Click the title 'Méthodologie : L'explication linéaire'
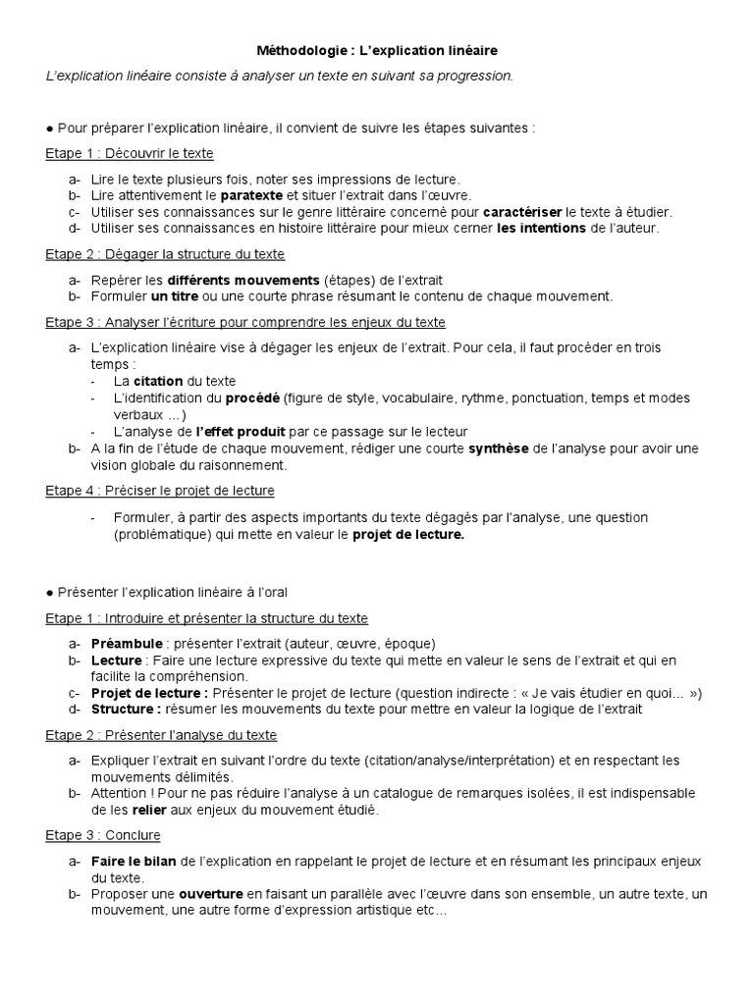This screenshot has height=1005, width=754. click(376, 49)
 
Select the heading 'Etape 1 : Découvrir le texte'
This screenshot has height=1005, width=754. click(130, 154)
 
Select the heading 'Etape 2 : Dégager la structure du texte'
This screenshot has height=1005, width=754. click(165, 254)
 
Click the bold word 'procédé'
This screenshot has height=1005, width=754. click(252, 397)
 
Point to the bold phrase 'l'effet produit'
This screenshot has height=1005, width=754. click(240, 432)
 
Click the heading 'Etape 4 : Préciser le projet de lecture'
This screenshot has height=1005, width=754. click(160, 490)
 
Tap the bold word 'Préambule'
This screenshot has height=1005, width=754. click(126, 644)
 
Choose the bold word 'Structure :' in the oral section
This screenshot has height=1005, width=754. click(126, 710)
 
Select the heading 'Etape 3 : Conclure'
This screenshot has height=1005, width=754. click(103, 835)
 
